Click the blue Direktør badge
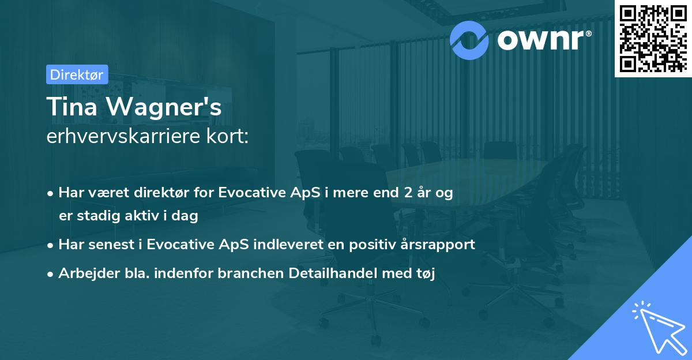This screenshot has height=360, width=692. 77,74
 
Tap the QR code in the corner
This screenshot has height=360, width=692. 653,38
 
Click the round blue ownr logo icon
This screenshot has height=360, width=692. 469,40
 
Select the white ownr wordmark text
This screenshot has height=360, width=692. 540,40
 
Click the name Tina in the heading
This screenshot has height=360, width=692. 72,107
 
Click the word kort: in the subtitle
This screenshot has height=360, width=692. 228,136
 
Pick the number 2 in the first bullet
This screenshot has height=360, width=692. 408,193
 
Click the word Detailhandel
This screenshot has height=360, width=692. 333,273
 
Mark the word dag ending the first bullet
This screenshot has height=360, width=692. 185,216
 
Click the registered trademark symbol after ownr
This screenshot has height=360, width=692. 588,33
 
